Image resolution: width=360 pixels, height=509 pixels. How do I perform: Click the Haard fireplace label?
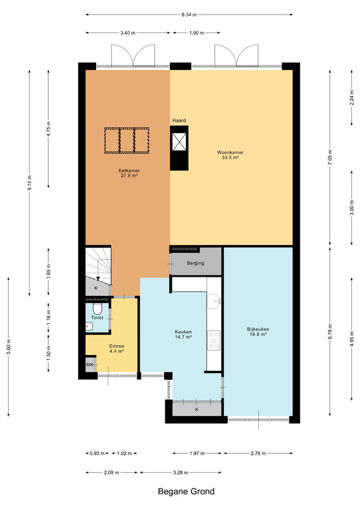click(x=179, y=120)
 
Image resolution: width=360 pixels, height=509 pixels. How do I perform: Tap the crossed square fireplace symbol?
click(x=179, y=142)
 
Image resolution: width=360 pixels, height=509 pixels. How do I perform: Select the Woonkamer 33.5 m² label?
click(x=230, y=155)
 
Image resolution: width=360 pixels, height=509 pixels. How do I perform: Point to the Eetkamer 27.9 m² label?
click(x=129, y=173)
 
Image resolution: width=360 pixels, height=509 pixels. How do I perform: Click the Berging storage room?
click(x=196, y=261)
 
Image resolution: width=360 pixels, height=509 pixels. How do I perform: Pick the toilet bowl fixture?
click(x=97, y=307)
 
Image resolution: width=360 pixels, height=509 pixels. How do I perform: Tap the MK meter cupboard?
click(x=90, y=365)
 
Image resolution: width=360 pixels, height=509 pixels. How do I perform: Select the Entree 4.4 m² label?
click(x=116, y=349)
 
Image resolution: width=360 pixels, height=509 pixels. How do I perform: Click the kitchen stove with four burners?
click(x=214, y=340)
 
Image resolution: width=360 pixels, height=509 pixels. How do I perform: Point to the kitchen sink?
click(x=214, y=300)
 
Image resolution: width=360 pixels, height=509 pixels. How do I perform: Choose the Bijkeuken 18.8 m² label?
click(x=258, y=331)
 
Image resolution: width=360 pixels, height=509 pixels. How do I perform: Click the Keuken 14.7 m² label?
click(x=183, y=335)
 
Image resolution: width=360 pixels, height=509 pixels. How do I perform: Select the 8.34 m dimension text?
click(x=189, y=15)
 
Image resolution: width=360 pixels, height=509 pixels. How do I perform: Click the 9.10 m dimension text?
click(x=29, y=183)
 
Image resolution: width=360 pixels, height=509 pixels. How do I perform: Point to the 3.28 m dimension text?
click(x=180, y=473)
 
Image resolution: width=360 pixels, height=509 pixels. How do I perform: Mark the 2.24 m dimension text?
click(x=352, y=98)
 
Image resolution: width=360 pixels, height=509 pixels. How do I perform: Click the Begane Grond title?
click(x=186, y=491)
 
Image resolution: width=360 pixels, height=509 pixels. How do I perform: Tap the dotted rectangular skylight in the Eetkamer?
click(x=127, y=141)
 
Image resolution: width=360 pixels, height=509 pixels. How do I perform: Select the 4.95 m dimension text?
click(x=352, y=339)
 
